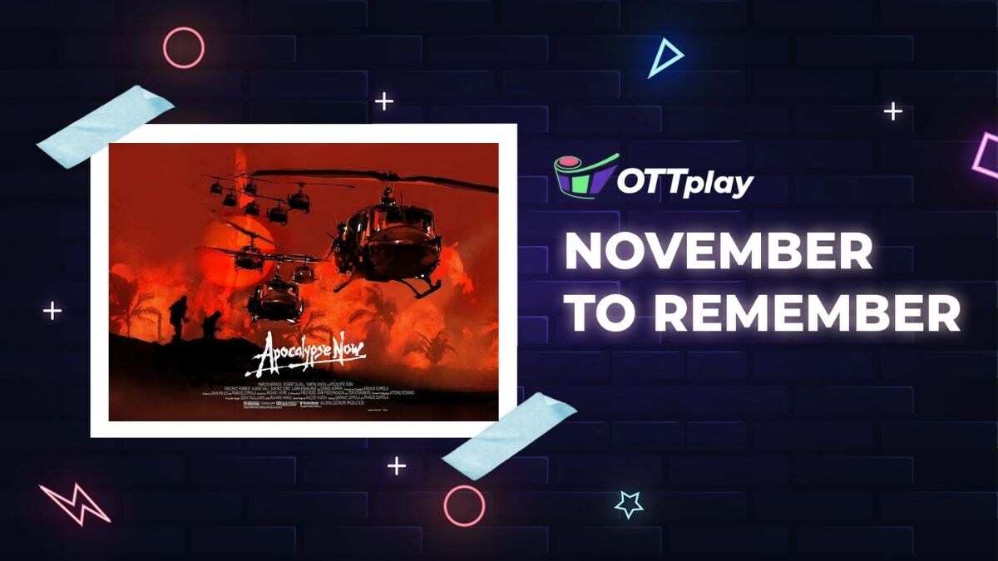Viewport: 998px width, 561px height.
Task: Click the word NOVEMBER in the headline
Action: pos(719,253)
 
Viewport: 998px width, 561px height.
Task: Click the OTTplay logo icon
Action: pos(585,175)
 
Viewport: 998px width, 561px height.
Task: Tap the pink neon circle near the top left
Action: pos(184,47)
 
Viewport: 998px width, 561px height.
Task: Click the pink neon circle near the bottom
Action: pos(464,505)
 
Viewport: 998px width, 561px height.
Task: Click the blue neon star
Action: pos(629,504)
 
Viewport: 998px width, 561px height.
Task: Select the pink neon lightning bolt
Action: pos(74,504)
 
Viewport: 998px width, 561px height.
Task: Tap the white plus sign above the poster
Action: pos(383,101)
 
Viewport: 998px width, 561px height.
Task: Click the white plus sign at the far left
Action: pos(52,311)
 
